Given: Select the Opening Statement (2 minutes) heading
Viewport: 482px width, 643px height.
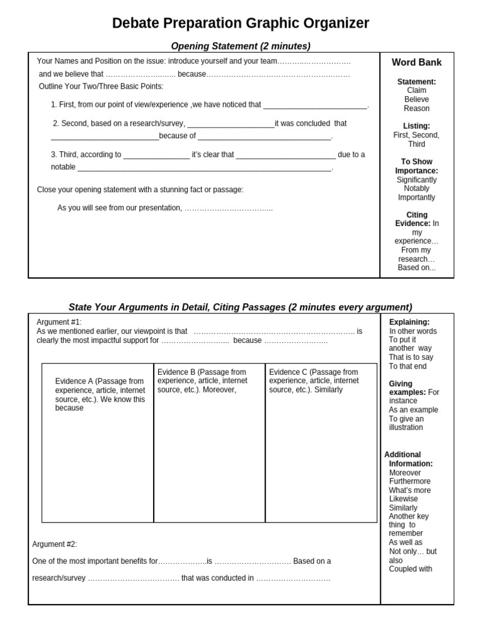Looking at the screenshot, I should (x=241, y=46).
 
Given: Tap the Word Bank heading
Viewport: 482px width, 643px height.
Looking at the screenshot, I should (x=417, y=62).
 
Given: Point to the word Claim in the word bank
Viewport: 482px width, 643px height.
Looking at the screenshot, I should (x=417, y=90).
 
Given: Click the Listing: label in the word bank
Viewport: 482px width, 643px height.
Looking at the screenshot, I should (x=417, y=126).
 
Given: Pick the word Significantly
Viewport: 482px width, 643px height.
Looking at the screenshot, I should (x=417, y=180).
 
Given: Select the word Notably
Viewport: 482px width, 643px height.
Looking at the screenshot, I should (x=417, y=188).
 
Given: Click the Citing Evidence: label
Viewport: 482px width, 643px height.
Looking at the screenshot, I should (x=412, y=219).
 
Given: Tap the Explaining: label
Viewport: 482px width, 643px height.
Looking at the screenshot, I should (x=409, y=322).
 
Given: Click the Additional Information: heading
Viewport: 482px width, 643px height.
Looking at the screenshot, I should (x=408, y=459).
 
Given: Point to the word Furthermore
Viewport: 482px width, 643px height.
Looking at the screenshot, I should (x=410, y=482).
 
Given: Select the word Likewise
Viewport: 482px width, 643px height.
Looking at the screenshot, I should (x=403, y=499).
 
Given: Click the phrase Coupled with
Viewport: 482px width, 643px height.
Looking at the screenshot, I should (x=410, y=570).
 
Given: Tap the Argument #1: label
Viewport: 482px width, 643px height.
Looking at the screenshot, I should (x=59, y=322).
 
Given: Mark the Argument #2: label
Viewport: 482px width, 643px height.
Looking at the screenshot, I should (x=55, y=544).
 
